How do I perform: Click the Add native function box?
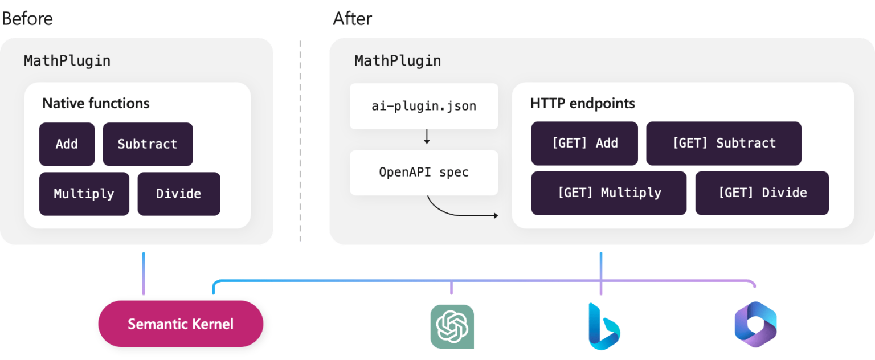pos(67,144)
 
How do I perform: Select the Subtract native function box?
pos(148,144)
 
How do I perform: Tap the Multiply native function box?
pos(84,194)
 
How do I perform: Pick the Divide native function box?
pos(178,194)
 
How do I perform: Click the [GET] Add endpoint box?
pos(584,143)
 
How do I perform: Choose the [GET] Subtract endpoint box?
pos(723,143)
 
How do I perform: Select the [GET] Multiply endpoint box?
pos(608,193)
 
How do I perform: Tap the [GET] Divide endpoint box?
pos(762,193)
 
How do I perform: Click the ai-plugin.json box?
pos(424,106)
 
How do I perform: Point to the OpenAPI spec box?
pos(424,172)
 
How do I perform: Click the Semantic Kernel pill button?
pos(181,324)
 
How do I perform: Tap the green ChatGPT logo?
pos(452,326)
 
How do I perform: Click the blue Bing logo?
pos(603,326)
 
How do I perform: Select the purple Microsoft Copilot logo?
pos(755,325)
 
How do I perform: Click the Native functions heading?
pos(96,103)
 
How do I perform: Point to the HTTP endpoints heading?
pos(582,103)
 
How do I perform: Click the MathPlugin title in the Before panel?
pos(67,60)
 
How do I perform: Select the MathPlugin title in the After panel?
pos(398,60)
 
